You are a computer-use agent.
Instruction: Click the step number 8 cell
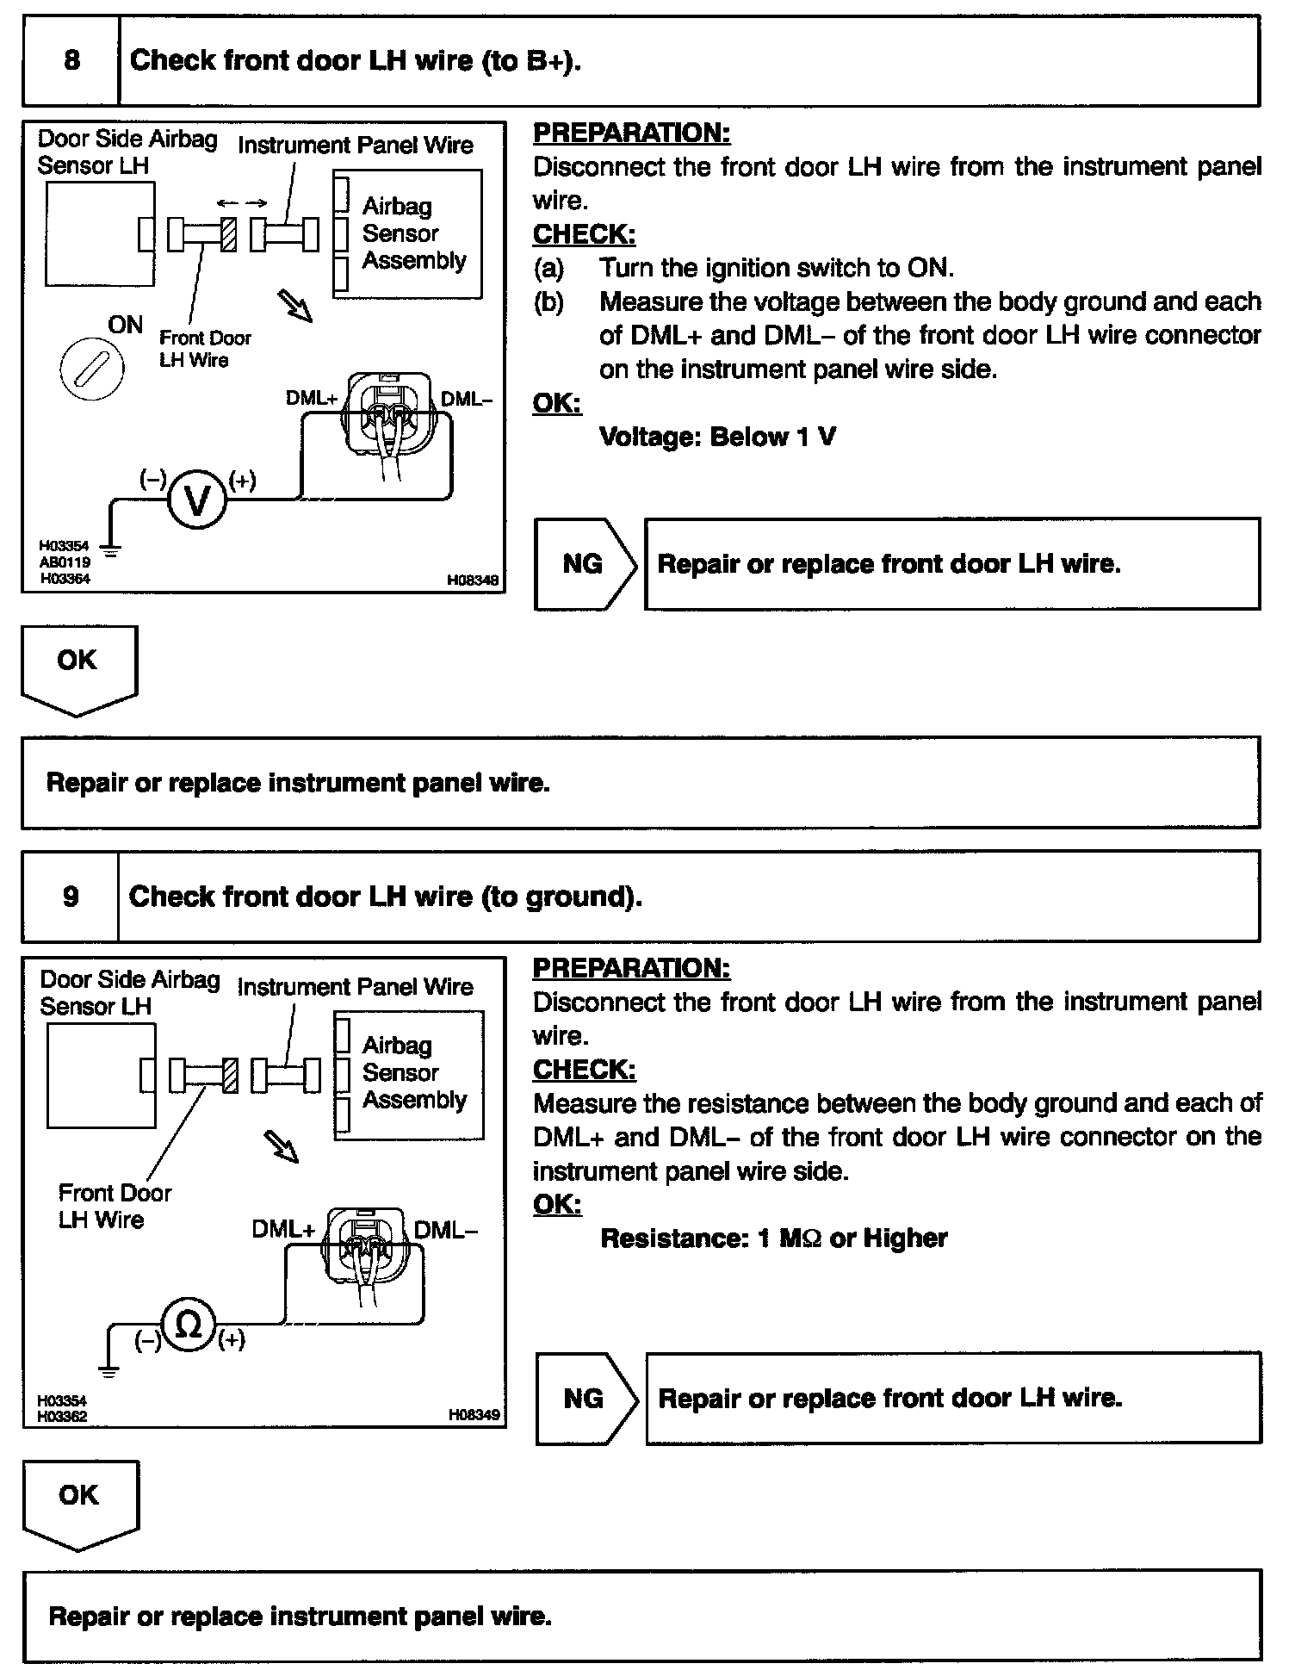pyautogui.click(x=71, y=60)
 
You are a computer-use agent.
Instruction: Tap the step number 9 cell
pyautogui.click(x=71, y=896)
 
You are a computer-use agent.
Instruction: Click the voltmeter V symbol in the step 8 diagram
pyautogui.click(x=197, y=500)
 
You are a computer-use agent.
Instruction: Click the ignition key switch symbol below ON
pyautogui.click(x=91, y=369)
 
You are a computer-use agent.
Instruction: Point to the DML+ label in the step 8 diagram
pyautogui.click(x=313, y=398)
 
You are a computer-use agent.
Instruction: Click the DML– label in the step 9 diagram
pyautogui.click(x=445, y=1229)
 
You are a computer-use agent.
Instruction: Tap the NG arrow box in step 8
pyautogui.click(x=585, y=564)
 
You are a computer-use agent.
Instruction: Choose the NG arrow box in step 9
pyautogui.click(x=586, y=1399)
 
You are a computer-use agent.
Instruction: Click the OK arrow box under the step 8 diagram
pyautogui.click(x=78, y=667)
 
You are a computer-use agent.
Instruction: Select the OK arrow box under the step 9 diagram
pyautogui.click(x=80, y=1502)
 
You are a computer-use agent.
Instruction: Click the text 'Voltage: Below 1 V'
pyautogui.click(x=717, y=438)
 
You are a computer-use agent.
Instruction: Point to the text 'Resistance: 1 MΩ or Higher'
pyautogui.click(x=773, y=1238)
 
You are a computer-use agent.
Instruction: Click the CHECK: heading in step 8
pyautogui.click(x=584, y=234)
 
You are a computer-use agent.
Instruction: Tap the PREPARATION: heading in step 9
pyautogui.click(x=631, y=968)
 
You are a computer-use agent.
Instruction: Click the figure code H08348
pyautogui.click(x=473, y=580)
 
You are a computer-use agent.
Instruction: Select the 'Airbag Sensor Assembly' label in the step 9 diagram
pyautogui.click(x=413, y=1073)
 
